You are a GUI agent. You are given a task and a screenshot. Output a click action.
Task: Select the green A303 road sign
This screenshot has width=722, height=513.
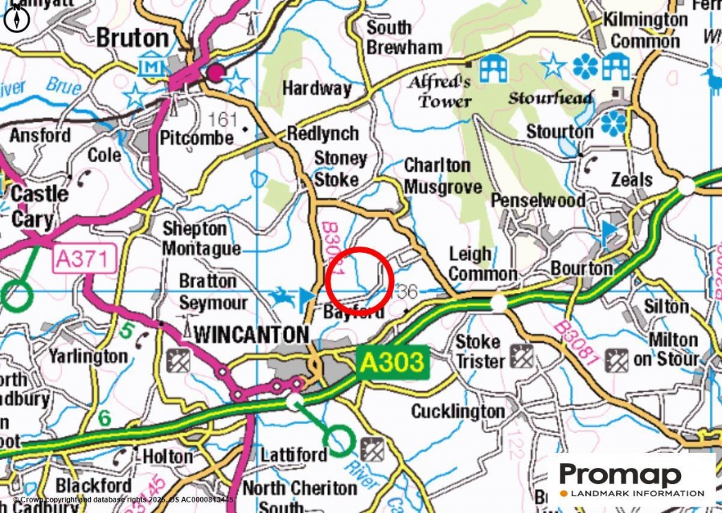point(393,363)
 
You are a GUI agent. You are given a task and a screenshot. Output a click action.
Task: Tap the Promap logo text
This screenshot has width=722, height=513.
point(620,476)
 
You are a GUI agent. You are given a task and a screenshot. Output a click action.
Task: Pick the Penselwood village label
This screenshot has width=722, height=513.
point(538,201)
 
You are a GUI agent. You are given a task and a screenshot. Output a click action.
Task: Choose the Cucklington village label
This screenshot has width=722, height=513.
point(458,411)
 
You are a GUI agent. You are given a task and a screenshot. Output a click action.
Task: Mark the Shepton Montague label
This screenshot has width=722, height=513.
point(201,239)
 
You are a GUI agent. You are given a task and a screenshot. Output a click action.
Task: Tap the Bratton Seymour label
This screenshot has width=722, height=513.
point(212,292)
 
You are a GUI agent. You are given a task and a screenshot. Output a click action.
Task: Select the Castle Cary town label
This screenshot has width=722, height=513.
point(33,206)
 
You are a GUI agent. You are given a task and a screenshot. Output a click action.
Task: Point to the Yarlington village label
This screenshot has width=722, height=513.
point(88,357)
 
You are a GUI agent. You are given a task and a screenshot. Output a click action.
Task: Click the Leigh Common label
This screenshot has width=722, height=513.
point(482,264)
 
